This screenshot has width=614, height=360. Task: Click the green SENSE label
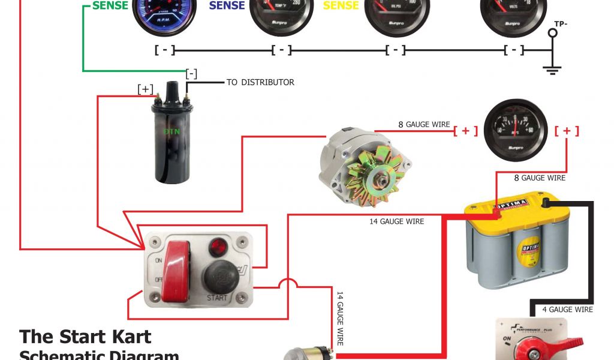pyautogui.click(x=110, y=5)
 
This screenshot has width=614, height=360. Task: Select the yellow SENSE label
pyautogui.click(x=341, y=5)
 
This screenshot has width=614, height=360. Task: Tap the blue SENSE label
pyautogui.click(x=227, y=5)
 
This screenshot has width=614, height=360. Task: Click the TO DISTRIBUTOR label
pyautogui.click(x=260, y=82)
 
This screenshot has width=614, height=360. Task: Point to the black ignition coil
pyautogui.click(x=172, y=139)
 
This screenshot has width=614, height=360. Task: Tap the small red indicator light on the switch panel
pyautogui.click(x=217, y=245)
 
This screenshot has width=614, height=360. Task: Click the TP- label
pyautogui.click(x=561, y=23)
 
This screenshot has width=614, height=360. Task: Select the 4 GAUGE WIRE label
pyautogui.click(x=567, y=310)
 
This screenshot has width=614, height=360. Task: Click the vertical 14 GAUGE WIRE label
pyautogui.click(x=339, y=318)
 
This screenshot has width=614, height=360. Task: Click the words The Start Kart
pyautogui.click(x=85, y=337)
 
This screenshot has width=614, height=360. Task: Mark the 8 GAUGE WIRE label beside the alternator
pyautogui.click(x=424, y=124)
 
